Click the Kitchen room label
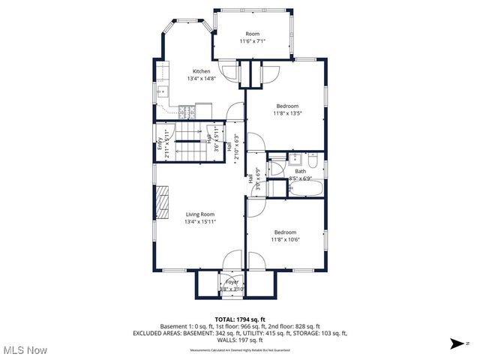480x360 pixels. tap(201, 71)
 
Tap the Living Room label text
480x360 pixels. tap(199, 214)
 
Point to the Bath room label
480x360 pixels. tap(300, 171)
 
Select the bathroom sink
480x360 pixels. tap(297, 159)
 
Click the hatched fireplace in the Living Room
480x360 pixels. tap(160, 201)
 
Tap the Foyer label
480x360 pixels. tap(232, 282)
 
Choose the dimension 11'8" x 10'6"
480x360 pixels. tap(285, 240)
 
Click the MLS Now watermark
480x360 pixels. tap(24, 349)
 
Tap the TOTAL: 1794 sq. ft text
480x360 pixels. tap(240, 319)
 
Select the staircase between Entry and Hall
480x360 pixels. tap(187, 142)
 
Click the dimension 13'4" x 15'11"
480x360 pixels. tap(199, 222)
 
